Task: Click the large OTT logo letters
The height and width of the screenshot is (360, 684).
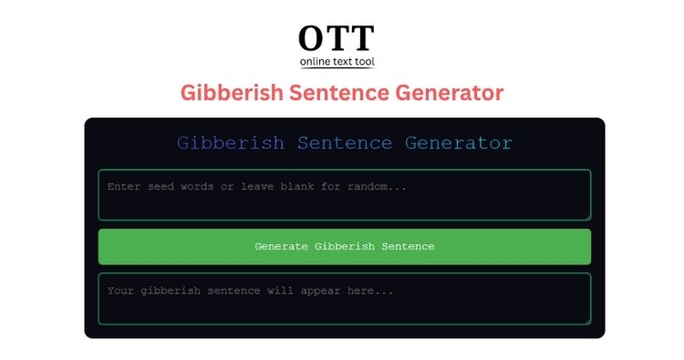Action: click(x=337, y=38)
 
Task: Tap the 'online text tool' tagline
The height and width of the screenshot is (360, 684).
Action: click(x=337, y=62)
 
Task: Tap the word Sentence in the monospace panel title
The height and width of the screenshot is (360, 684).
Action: click(x=345, y=143)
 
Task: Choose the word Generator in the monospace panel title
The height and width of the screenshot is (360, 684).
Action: click(x=459, y=143)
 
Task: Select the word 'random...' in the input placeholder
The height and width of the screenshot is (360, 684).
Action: click(x=377, y=187)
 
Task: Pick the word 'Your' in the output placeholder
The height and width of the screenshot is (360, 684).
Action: click(x=122, y=291)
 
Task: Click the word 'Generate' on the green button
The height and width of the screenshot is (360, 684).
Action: click(x=281, y=247)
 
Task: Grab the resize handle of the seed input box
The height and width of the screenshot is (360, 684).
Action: click(x=587, y=217)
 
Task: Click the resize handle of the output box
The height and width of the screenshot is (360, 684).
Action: click(x=587, y=321)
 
